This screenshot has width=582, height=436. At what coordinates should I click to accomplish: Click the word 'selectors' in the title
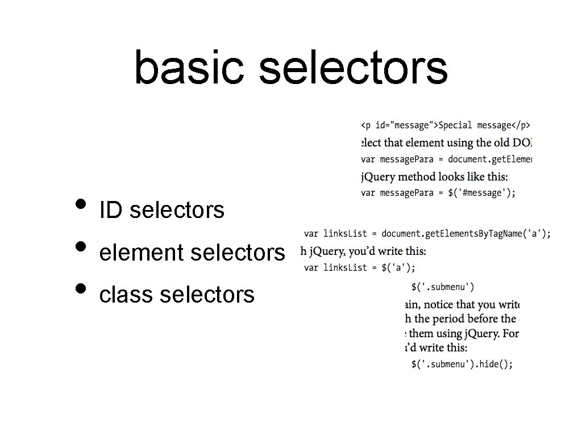(353, 67)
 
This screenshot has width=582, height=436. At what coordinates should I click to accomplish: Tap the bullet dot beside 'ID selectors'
(81, 203)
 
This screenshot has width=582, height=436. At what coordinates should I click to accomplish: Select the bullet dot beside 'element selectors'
(81, 246)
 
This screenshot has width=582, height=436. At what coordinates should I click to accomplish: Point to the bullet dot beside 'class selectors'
(81, 288)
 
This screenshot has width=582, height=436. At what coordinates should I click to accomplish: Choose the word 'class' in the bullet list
(126, 295)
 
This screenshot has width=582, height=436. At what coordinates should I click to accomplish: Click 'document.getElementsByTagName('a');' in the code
(466, 233)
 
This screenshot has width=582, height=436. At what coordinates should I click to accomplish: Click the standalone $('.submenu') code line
(443, 287)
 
